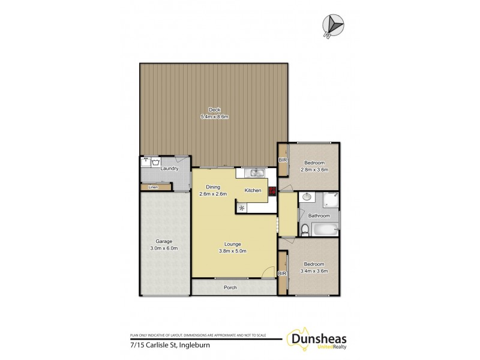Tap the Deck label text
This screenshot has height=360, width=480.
(x=214, y=110)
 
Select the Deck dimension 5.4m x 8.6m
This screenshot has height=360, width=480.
(x=214, y=116)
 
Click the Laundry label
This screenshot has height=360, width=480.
(x=170, y=169)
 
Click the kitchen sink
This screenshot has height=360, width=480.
(x=257, y=173)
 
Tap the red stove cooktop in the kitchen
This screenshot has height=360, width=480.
(x=272, y=191)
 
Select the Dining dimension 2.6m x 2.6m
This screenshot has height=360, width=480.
(x=213, y=193)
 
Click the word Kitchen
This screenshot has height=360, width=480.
(x=253, y=190)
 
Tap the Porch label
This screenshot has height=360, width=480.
(x=230, y=287)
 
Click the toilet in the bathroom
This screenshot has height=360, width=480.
(x=305, y=229)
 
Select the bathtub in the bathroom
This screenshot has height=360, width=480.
(x=325, y=229)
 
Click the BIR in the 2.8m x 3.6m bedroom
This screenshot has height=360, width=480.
(x=282, y=160)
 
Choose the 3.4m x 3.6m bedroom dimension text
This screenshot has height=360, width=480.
(x=314, y=271)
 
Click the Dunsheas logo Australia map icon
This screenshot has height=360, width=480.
(x=298, y=340)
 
